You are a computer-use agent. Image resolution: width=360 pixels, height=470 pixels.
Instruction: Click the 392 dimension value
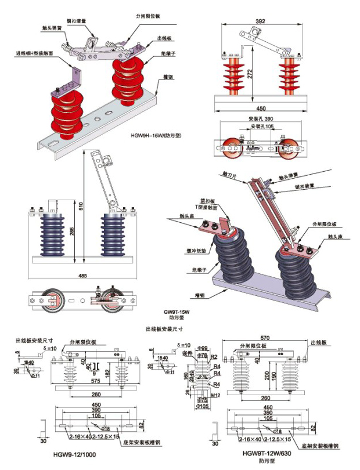click(x=261, y=21)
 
